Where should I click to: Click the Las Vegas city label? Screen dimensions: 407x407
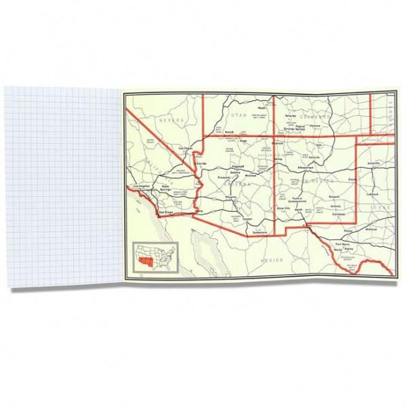pos(185,147)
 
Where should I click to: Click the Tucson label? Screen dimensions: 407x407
pos(246,219)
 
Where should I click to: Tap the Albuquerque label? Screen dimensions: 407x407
pos(305,166)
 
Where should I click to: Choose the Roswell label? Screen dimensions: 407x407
pos(333,197)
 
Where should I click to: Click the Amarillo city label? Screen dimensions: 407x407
pos(374,163)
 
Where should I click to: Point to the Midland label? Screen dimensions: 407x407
pos(370,229)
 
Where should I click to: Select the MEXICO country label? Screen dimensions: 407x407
pos(275,259)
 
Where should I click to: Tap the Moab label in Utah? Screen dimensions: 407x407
pos(261,108)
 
